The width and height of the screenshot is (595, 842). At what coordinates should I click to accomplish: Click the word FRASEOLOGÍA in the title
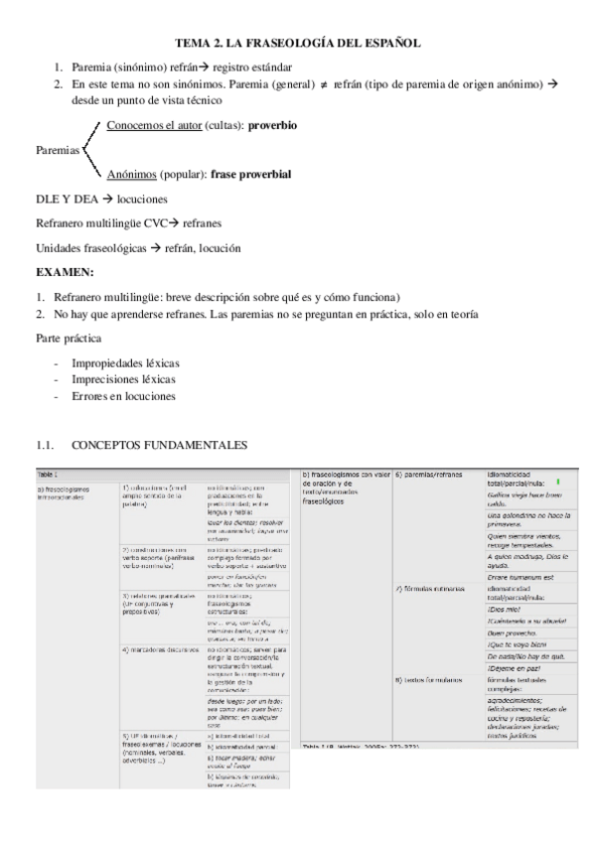tap(294, 44)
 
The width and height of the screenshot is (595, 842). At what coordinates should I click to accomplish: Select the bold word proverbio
tap(272, 127)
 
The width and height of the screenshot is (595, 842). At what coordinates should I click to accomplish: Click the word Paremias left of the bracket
tap(58, 151)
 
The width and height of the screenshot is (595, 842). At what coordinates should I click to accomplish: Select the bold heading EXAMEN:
tap(65, 271)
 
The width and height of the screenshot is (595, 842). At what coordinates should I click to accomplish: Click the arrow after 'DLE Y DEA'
tap(107, 199)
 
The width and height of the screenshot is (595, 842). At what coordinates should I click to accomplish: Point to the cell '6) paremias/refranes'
tap(429, 475)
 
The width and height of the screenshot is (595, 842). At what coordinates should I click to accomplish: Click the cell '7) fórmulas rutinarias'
tap(430, 590)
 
